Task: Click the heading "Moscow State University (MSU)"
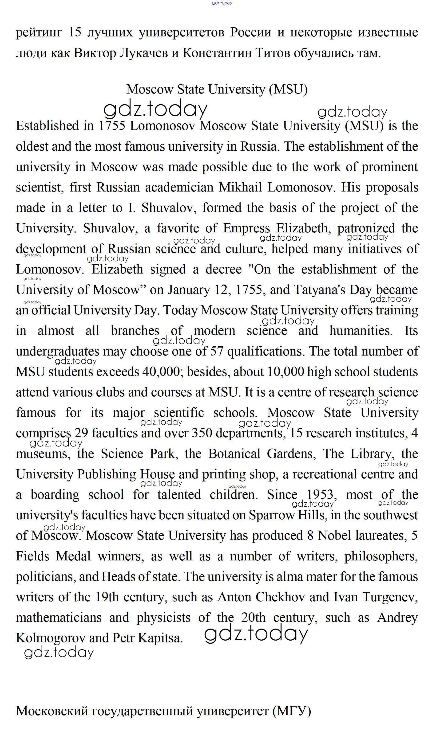click(217, 89)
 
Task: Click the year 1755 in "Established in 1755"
click(112, 126)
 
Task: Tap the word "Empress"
click(246, 228)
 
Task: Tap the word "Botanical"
click(234, 454)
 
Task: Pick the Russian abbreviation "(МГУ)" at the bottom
click(292, 711)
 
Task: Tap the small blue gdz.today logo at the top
click(222, 3)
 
